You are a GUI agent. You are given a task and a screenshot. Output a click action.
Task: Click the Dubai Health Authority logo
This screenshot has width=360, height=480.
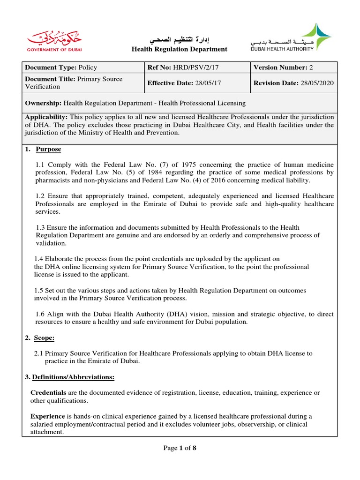[x=291, y=38]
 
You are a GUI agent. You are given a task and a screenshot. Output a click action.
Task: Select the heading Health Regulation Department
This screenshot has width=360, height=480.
[x=179, y=49]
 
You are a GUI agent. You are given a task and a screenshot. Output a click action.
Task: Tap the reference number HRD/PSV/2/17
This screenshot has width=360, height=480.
[x=195, y=67]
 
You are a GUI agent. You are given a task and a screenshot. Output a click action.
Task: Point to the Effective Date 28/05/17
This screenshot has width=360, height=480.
[x=183, y=83]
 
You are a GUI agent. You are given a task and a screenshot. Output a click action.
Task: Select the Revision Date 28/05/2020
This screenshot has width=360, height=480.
[x=293, y=83]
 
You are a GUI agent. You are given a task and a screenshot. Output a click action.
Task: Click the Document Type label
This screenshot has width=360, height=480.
[x=51, y=67]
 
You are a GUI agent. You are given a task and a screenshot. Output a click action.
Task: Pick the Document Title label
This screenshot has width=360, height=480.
[x=52, y=79]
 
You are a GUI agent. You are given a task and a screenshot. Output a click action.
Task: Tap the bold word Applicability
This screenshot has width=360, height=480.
[x=45, y=117]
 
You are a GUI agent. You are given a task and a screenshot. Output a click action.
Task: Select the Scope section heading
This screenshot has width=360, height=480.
[x=45, y=337]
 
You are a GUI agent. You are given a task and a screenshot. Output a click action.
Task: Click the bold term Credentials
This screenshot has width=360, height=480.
[x=48, y=392]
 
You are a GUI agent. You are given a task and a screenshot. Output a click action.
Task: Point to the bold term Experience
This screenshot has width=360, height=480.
[x=48, y=416]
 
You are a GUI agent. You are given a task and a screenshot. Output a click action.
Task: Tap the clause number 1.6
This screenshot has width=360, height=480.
[x=41, y=314]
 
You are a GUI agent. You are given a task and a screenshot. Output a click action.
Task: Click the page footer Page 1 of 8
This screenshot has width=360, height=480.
[x=180, y=448]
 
